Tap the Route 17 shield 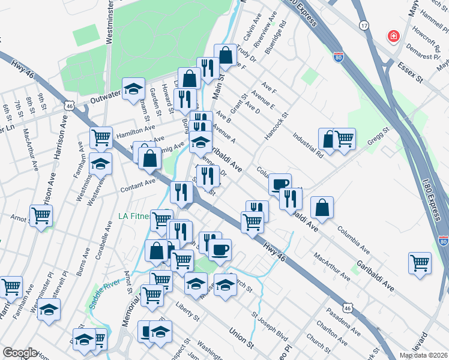pyautogui.click(x=364, y=26)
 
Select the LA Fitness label pyautogui.click(x=134, y=216)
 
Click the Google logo pyautogui.click(x=19, y=353)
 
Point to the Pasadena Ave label pyautogui.click(x=344, y=322)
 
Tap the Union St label pyautogui.click(x=242, y=337)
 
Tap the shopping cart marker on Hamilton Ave pyautogui.click(x=101, y=137)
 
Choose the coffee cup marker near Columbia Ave pyautogui.click(x=280, y=184)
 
